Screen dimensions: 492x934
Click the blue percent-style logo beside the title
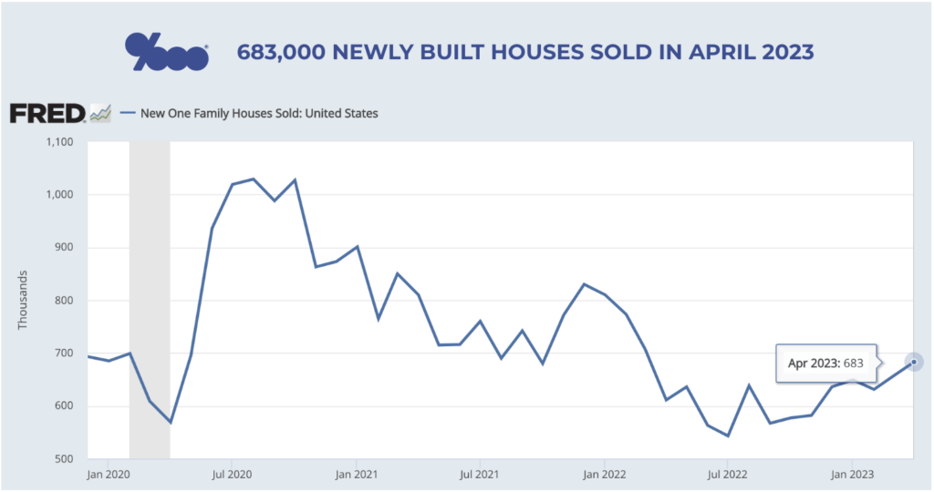[167, 52]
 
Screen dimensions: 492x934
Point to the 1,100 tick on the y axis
[57, 141]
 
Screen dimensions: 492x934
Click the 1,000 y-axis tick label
[57, 195]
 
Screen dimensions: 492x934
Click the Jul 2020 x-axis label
[231, 474]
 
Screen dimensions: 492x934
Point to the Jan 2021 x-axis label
[356, 474]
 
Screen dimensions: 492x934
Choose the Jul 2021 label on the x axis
[479, 474]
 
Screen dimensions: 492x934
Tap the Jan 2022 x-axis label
[604, 474]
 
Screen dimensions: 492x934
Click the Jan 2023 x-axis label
[852, 474]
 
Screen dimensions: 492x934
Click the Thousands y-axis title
[22, 300]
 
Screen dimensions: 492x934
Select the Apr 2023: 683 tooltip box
[826, 363]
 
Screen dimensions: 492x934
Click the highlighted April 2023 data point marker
[914, 362]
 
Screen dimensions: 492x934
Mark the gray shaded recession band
[150, 300]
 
